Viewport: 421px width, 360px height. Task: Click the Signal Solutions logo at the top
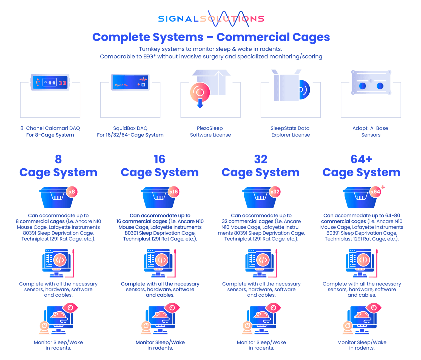click(211, 19)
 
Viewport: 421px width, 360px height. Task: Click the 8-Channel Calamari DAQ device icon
click(50, 82)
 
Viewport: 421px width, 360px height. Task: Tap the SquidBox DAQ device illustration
click(130, 82)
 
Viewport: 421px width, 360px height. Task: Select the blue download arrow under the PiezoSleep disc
click(200, 103)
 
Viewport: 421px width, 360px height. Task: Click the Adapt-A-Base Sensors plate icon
click(371, 82)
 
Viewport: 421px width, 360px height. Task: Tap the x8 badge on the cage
click(72, 192)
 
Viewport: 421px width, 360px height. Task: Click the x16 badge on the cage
click(174, 192)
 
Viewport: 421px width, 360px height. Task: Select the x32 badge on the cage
click(275, 192)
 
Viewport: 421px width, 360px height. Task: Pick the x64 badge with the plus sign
click(376, 192)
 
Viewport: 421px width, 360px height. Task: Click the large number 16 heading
click(160, 159)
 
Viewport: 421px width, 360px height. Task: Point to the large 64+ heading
click(361, 159)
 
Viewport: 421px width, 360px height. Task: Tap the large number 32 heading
click(261, 159)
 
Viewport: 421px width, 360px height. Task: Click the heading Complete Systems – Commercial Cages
click(211, 37)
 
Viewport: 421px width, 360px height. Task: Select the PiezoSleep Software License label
click(210, 132)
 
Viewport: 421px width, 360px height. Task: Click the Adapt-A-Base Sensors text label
click(371, 132)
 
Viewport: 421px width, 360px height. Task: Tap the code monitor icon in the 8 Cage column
click(57, 262)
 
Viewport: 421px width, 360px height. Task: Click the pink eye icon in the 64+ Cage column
click(374, 308)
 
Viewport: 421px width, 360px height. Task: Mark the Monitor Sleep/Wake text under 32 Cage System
click(261, 345)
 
